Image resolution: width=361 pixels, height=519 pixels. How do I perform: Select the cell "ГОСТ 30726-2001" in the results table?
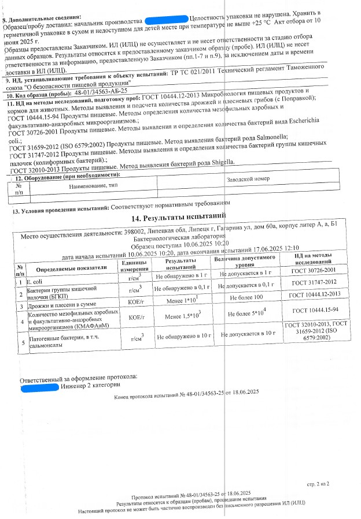pos(313,270)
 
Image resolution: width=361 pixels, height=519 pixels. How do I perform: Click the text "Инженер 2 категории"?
pos(90,385)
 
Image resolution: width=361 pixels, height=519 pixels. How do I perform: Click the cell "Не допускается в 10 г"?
pos(246,334)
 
